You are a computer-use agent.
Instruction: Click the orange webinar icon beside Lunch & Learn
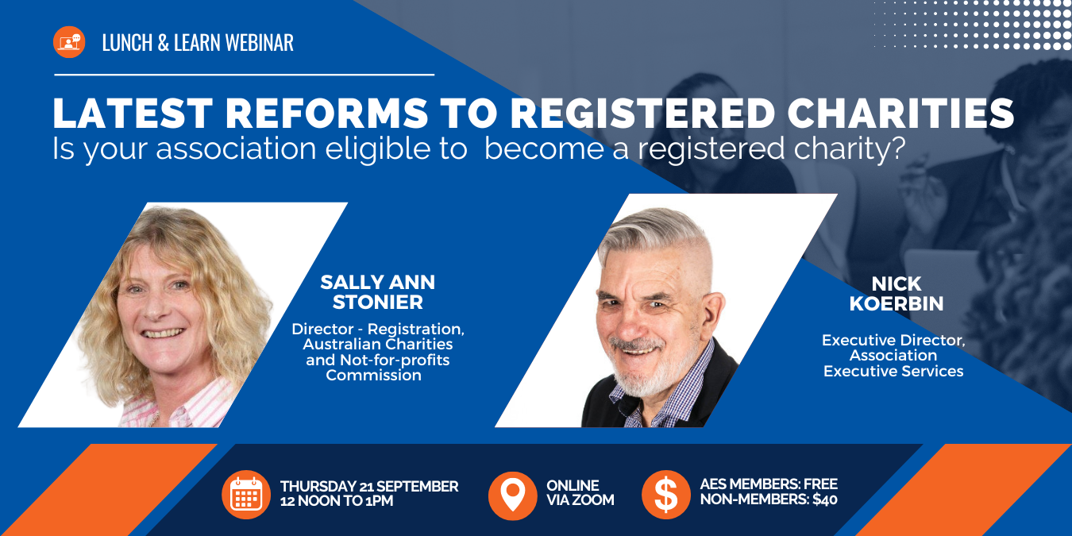(x=69, y=42)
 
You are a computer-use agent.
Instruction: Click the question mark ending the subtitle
(x=898, y=149)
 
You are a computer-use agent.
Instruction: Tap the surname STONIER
(x=378, y=303)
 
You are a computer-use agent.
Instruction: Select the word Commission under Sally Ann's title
(x=373, y=376)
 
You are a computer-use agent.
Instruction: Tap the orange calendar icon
(x=246, y=495)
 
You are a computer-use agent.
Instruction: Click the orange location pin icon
(x=513, y=495)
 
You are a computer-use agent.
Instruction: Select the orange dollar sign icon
(x=665, y=495)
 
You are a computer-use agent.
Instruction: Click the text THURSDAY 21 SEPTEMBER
(x=369, y=486)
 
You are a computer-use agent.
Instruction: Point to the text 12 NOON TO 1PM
(x=336, y=501)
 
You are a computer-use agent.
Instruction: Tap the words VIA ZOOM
(x=580, y=500)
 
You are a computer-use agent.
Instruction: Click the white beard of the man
(x=653, y=373)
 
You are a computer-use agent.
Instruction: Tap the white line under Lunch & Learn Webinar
(x=244, y=75)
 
